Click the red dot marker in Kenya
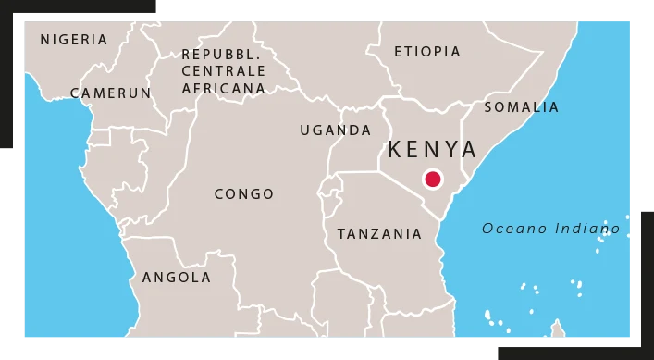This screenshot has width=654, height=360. (432, 180)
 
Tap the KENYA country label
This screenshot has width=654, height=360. (433, 149)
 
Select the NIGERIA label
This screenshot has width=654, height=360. (74, 40)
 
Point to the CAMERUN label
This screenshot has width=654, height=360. (111, 93)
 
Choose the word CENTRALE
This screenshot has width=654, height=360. (223, 71)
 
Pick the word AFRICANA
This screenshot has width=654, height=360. (223, 89)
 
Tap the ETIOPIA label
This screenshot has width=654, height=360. (427, 52)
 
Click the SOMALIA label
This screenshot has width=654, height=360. (522, 107)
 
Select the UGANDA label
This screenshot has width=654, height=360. (335, 130)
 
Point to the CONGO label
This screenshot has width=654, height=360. (244, 194)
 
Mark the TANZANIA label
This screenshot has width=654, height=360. (379, 234)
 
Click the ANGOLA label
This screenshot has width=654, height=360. (177, 278)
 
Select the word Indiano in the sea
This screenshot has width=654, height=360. (588, 229)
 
